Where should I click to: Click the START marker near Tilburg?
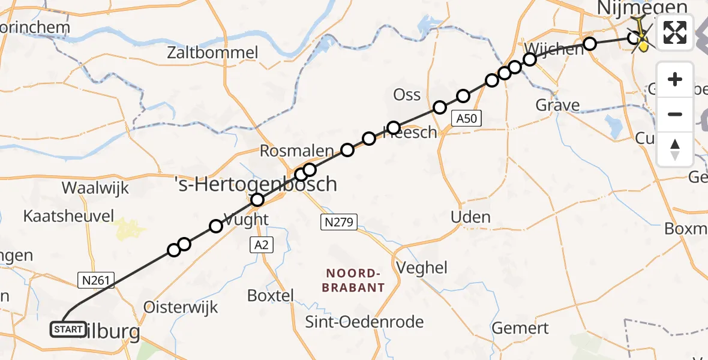68,329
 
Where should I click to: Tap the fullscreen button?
675,32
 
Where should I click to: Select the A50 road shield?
466,119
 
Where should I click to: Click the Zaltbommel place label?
213,53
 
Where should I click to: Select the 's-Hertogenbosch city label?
256,184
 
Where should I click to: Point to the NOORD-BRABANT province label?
353,280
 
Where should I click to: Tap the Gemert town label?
520,328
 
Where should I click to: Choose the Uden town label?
470,217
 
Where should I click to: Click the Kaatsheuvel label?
68,216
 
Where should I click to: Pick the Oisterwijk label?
181,307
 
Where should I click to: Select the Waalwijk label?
95,188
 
